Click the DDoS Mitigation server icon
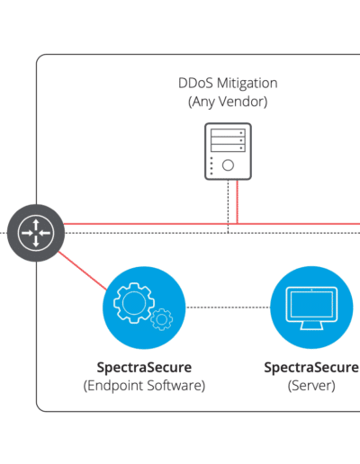coord(228,151)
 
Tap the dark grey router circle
coord(36,233)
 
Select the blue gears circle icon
coord(144,308)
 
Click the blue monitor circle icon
coord(311,308)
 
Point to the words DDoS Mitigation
coord(228,84)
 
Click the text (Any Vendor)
coord(228,102)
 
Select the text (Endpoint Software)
coord(144,386)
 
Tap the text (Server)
coord(311,386)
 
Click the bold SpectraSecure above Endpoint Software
coord(144,368)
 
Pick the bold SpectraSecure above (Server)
coord(311,368)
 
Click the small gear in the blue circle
coord(162,319)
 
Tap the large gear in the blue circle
coord(134,303)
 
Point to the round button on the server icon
coord(228,165)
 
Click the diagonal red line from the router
coord(83,271)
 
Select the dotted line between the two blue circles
coord(228,308)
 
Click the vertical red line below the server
coord(238,201)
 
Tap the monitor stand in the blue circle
coord(311,326)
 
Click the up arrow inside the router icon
coord(36,224)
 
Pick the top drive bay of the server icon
coord(228,133)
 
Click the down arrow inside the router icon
coord(36,242)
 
